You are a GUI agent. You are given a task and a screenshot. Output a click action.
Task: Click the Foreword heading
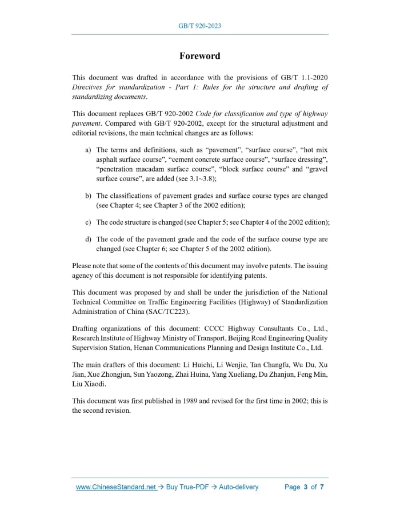point(199,56)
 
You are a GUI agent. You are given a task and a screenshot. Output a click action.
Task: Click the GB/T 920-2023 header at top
point(199,26)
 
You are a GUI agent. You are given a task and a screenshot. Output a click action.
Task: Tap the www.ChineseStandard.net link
point(115,487)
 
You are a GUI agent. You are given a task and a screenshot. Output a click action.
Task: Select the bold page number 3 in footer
point(306,487)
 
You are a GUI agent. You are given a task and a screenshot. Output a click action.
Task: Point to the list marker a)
point(88,150)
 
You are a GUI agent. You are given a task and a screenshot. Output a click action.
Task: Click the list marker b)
point(88,196)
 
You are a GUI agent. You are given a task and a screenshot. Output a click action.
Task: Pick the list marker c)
point(88,222)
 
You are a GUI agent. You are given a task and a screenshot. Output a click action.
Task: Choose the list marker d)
point(88,240)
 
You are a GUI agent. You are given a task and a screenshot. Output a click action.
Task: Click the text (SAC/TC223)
point(168,312)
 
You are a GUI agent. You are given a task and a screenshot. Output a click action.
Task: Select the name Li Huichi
point(228,365)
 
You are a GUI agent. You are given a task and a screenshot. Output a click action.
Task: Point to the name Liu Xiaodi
point(87,383)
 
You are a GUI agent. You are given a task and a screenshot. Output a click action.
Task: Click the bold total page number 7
point(322,487)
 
